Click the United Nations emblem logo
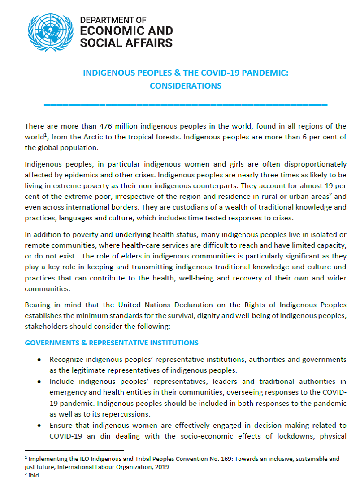(x=50, y=32)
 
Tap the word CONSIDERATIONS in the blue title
(x=186, y=86)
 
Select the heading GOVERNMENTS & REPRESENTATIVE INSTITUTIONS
(x=112, y=343)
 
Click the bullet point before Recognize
(x=40, y=360)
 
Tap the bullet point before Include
(x=40, y=382)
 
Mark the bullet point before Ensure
(x=40, y=426)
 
